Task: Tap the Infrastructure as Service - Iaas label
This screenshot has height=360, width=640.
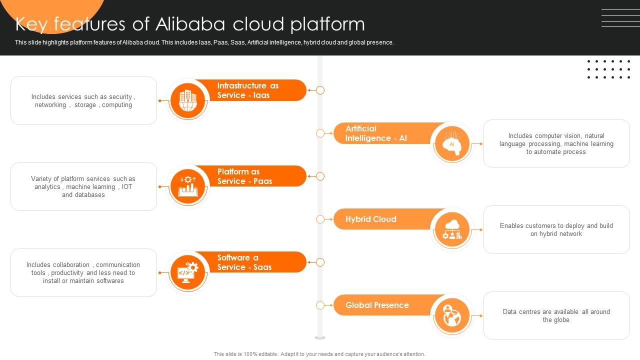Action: pos(247,90)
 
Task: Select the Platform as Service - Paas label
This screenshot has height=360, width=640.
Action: pos(244,176)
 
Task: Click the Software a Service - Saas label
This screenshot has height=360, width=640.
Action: pos(244,262)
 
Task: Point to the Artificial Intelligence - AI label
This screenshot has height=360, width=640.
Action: pos(376,133)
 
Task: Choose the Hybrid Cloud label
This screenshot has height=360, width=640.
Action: pos(370,219)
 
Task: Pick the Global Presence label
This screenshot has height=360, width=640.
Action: pos(377,305)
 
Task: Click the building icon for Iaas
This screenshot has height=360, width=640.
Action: pos(188,100)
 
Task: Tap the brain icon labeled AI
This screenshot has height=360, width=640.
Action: pos(451,144)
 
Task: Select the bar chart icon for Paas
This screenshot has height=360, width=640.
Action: pos(188,186)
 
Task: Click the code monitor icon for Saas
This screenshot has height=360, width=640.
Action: pos(188,272)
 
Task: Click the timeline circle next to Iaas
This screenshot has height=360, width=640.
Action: pos(320,90)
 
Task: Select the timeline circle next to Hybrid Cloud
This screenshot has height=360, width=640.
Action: pos(320,219)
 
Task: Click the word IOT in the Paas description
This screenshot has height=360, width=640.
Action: pos(127,187)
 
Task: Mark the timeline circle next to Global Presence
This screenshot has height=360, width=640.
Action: pos(320,305)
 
